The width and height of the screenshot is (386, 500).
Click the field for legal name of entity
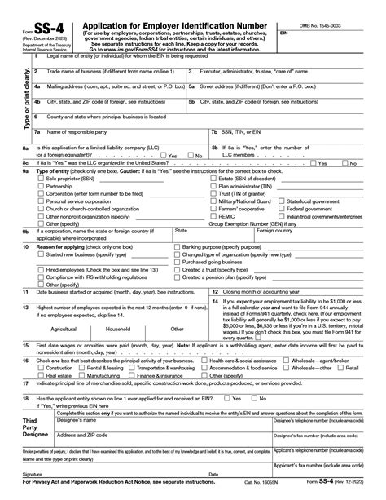195,62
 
